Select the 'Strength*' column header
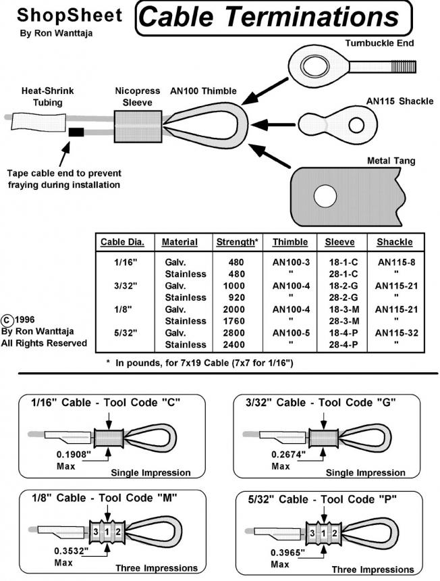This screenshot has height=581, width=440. pos(236,242)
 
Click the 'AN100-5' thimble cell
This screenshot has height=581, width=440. pos(290,332)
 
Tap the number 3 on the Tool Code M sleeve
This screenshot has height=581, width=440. pos(97,532)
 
